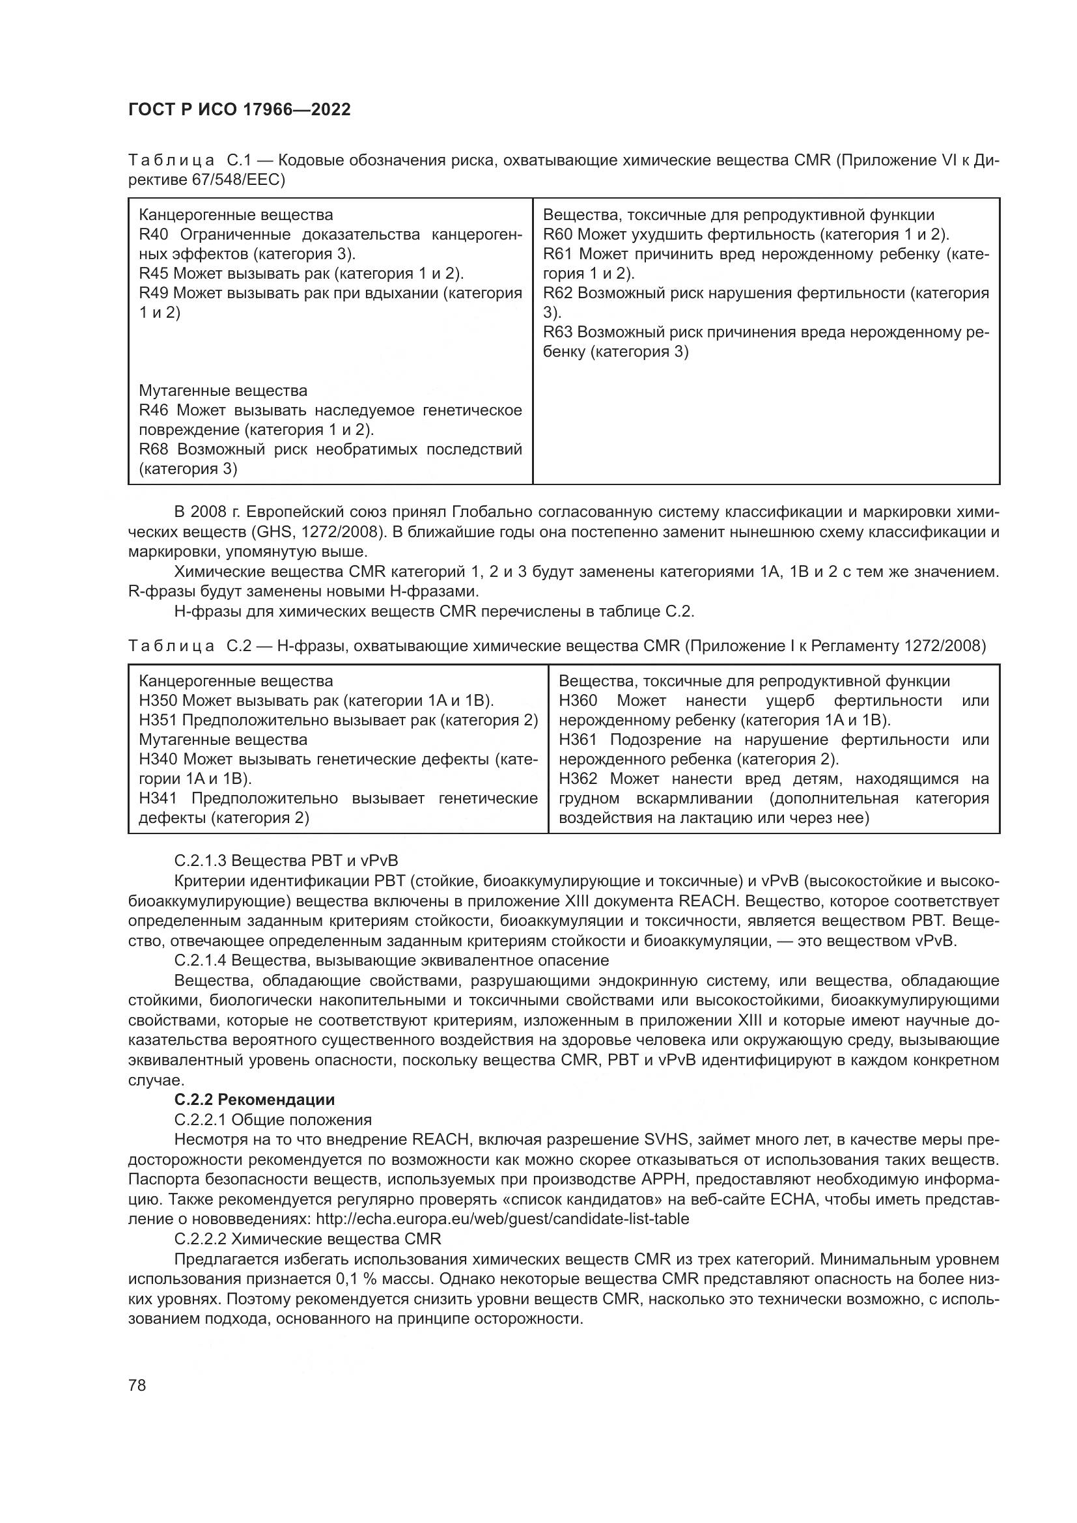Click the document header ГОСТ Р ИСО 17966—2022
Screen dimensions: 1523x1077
240,110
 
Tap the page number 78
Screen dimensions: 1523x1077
137,1385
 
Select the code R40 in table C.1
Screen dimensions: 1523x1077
154,235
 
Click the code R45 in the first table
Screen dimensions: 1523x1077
154,274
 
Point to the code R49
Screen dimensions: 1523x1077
154,293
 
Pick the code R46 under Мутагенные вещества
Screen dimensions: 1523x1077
154,411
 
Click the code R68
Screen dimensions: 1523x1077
154,450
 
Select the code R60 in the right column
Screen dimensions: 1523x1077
558,235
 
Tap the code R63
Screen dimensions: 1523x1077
558,332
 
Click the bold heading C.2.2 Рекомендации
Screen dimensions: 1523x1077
254,1100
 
